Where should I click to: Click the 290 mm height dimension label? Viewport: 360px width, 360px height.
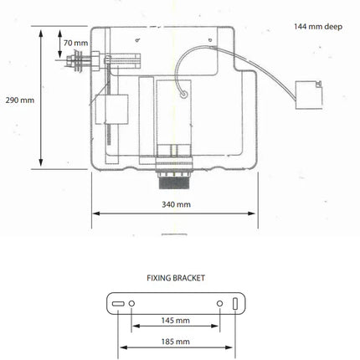click(20, 100)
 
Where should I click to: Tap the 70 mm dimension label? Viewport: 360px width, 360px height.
click(75, 43)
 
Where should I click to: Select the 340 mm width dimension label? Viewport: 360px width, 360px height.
click(176, 204)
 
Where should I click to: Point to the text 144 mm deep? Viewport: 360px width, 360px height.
click(318, 27)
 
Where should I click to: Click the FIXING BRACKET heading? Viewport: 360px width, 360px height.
click(176, 278)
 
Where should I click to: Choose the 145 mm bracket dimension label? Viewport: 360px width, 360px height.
click(176, 321)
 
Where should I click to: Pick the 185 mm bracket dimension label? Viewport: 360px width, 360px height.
click(176, 342)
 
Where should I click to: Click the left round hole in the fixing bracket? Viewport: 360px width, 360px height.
click(131, 303)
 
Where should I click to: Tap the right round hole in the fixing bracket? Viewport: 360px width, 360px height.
click(220, 303)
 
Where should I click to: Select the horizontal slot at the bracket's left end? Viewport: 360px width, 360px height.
click(118, 304)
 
